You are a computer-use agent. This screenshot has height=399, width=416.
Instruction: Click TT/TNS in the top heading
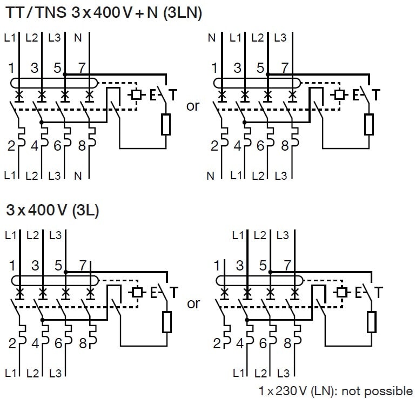point(35,13)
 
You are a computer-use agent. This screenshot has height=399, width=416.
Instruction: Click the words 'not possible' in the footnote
point(381,390)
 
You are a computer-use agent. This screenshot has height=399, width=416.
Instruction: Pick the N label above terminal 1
point(212,39)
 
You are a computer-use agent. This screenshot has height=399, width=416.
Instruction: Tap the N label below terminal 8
point(78,175)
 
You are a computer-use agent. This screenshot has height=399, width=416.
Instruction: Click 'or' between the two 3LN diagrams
point(193,106)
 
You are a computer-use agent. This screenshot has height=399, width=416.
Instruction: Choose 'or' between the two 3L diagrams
point(193,303)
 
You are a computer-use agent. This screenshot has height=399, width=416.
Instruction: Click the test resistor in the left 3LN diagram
point(166,125)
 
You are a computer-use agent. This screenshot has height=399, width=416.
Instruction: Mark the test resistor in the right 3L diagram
point(371,322)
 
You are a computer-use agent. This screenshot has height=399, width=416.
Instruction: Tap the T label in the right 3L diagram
point(379,293)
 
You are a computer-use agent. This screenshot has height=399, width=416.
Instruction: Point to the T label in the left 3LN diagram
point(172,95)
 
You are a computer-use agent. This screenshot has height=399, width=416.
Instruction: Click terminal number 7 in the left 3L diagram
point(83,265)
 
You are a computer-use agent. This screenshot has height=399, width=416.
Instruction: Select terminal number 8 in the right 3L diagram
point(287,343)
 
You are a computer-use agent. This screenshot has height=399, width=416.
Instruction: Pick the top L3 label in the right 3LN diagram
point(280,39)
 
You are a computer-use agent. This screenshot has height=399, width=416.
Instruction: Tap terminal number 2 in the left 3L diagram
point(12,343)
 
